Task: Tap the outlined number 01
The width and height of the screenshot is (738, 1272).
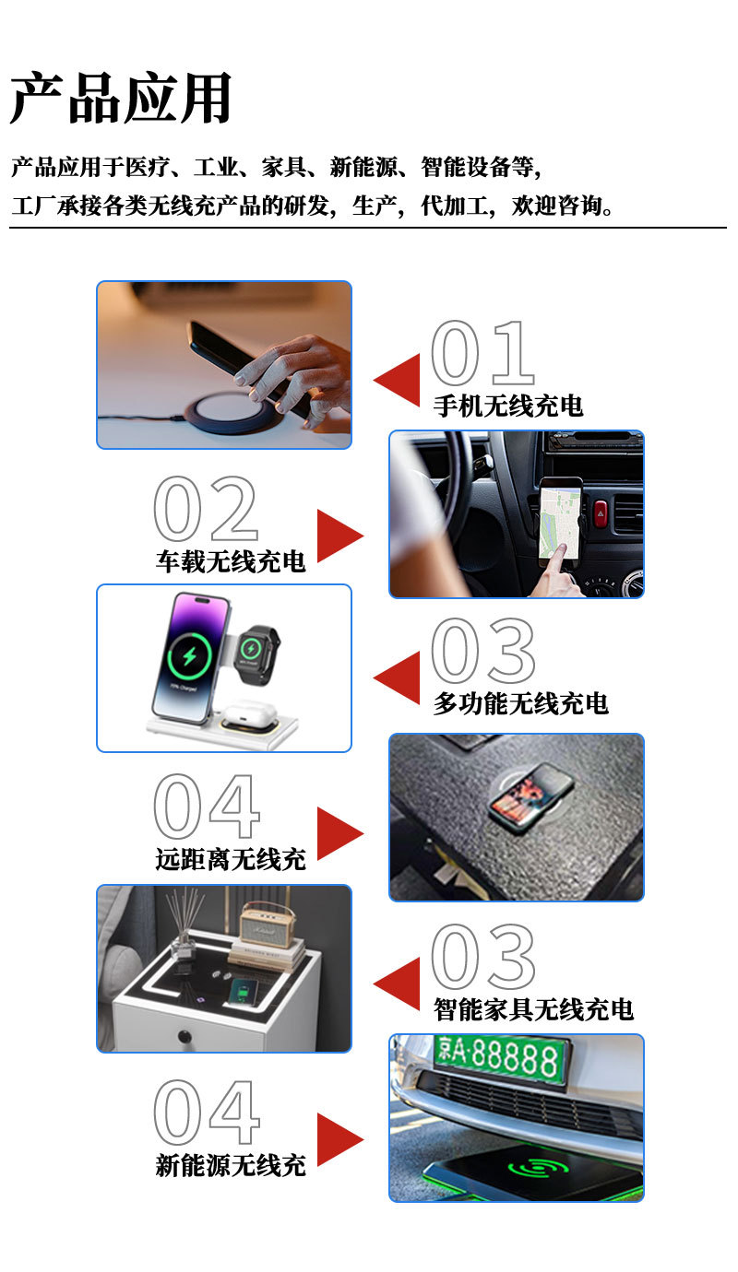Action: (482, 354)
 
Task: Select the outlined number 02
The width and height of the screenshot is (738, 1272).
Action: (205, 510)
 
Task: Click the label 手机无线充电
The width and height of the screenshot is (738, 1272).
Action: (508, 405)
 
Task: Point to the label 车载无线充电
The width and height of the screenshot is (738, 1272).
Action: (230, 560)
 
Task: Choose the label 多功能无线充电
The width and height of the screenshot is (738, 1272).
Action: (521, 703)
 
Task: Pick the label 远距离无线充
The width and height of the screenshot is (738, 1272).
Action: (230, 860)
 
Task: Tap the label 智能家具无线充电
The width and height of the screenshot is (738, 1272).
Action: (534, 1008)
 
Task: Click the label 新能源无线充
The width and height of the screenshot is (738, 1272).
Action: (230, 1164)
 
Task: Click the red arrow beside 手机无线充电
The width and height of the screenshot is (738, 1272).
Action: (399, 380)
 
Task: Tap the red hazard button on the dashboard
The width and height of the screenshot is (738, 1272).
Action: (601, 513)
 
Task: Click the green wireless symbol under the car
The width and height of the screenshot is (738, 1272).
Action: (540, 1169)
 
